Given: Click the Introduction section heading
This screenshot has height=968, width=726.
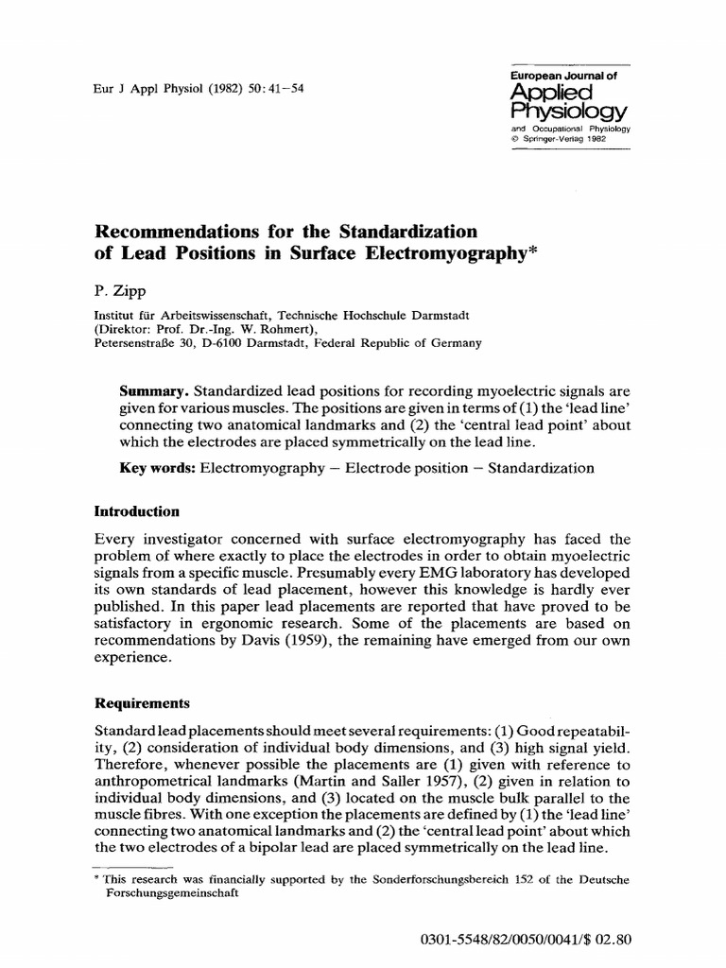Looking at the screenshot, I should (x=135, y=511).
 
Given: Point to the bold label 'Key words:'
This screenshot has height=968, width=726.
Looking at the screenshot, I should (x=157, y=467).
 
